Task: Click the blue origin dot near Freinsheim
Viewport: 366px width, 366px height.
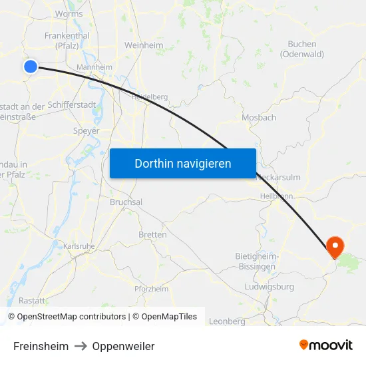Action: tap(31, 66)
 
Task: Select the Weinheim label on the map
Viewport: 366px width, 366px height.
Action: tap(144, 45)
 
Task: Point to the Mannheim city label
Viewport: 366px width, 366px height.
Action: tap(94, 67)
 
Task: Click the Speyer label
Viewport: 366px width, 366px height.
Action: tap(86, 130)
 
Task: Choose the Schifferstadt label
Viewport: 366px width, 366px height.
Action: tap(74, 106)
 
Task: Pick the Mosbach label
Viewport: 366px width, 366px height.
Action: tap(260, 117)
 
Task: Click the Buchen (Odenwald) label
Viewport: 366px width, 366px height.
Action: tap(301, 49)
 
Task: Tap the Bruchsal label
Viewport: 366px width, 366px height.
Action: tap(126, 202)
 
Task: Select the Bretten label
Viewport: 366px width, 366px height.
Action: tap(152, 234)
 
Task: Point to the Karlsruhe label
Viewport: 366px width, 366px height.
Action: tap(79, 246)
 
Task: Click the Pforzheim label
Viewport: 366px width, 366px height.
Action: tap(151, 289)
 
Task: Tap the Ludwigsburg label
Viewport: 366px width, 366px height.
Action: tap(270, 287)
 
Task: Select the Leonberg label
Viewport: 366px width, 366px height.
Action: tap(227, 321)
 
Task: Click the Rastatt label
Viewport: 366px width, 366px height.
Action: tap(32, 300)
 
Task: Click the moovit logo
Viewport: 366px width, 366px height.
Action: tap(325, 345)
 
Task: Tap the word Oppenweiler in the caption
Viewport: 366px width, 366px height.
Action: tap(123, 346)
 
